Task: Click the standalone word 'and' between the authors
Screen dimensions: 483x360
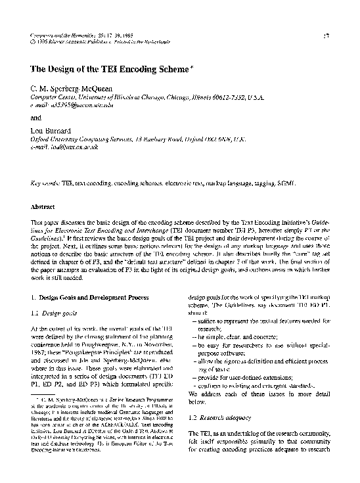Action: [37, 118]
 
